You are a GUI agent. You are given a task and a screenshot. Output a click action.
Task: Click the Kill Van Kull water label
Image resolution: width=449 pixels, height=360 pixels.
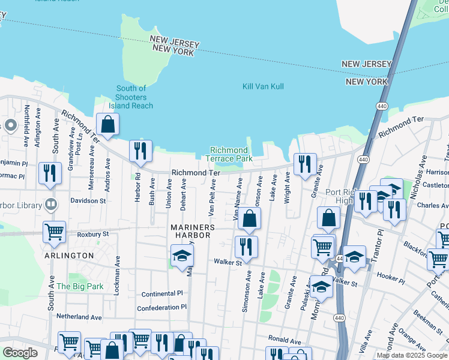pyautogui.click(x=263, y=86)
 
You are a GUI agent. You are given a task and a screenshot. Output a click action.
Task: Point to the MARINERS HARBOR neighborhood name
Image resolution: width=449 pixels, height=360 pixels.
pyautogui.click(x=190, y=231)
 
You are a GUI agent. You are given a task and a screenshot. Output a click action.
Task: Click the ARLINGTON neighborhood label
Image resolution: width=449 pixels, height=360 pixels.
pyautogui.click(x=69, y=256)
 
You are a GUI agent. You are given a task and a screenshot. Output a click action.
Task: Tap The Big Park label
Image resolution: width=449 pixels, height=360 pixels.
pyautogui.click(x=80, y=286)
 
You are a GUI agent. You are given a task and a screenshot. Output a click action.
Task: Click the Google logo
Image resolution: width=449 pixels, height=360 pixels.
pyautogui.click(x=20, y=353)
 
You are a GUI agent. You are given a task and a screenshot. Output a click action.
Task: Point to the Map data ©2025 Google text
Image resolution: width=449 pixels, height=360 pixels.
pyautogui.click(x=412, y=355)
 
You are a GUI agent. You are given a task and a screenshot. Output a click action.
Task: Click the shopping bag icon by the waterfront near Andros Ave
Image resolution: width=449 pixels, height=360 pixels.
pyautogui.click(x=107, y=125)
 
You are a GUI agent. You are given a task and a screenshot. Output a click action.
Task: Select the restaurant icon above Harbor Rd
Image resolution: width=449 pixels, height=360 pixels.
pyautogui.click(x=140, y=151)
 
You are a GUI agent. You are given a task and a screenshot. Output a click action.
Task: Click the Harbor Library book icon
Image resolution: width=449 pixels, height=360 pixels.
pyautogui.click(x=50, y=204)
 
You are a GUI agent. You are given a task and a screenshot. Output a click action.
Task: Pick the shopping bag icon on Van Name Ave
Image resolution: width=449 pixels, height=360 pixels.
pyautogui.click(x=250, y=219)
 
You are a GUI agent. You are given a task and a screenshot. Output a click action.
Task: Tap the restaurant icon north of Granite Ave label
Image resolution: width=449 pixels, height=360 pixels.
pyautogui.click(x=305, y=164)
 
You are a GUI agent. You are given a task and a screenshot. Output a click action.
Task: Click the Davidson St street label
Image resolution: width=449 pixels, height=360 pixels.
pyautogui.click(x=88, y=201)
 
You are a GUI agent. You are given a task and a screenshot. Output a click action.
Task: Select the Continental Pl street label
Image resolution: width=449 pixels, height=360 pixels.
pyautogui.click(x=161, y=294)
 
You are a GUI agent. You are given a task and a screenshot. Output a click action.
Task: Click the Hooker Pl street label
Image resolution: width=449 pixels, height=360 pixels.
pyautogui.click(x=390, y=275)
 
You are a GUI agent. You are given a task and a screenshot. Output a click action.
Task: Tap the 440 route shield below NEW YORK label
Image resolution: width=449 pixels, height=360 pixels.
pyautogui.click(x=381, y=106)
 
